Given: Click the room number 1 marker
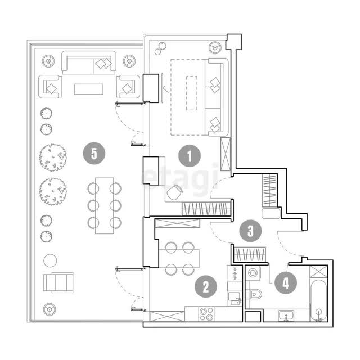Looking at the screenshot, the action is [x=190, y=156].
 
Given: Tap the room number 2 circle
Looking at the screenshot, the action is [x=206, y=286].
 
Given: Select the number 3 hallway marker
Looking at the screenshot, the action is [x=250, y=231].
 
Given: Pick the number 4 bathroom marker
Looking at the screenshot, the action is [x=286, y=282].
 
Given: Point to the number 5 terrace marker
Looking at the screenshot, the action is [x=94, y=153].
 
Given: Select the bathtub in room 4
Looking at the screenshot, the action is [x=319, y=300].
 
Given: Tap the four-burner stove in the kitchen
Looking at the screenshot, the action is [x=206, y=314].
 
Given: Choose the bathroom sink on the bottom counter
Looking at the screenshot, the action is [x=286, y=316].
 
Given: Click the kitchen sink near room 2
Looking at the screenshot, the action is [x=235, y=299].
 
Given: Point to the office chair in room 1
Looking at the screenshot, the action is [x=174, y=192].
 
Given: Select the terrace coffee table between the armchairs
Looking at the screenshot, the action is [x=89, y=89].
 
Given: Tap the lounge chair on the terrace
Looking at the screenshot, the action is [x=58, y=282].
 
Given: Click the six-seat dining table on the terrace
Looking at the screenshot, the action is [x=105, y=205].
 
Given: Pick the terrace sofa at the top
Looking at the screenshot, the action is [x=89, y=62].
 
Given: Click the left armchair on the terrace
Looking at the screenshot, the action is [x=50, y=87].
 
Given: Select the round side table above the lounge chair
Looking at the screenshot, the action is [x=50, y=260].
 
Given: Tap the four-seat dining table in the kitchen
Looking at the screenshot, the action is [x=179, y=259].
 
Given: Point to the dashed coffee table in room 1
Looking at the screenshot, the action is [x=191, y=93].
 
